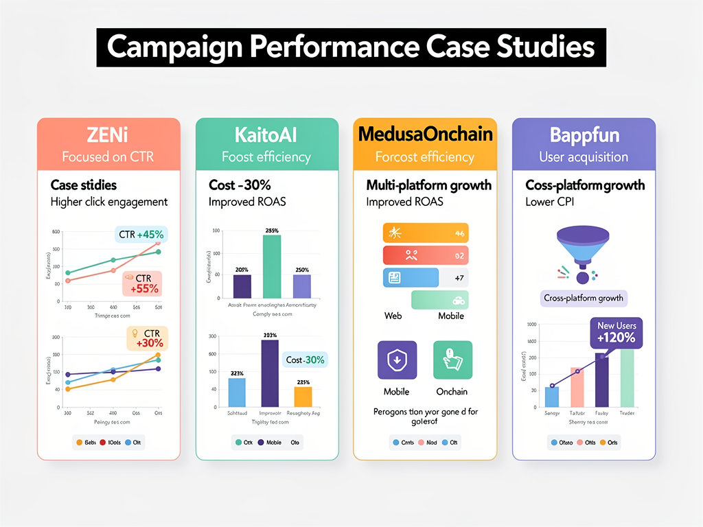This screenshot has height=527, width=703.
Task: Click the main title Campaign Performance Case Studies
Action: point(351,47)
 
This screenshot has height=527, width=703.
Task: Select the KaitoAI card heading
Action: point(266,134)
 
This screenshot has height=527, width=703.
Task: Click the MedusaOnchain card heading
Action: point(424,134)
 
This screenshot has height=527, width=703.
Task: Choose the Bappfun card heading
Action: point(584,134)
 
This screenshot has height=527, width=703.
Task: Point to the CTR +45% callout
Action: point(140,235)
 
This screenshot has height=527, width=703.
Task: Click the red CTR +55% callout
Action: point(142,283)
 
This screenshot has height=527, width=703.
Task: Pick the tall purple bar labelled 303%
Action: point(270,373)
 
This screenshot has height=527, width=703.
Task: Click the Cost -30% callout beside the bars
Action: point(306,360)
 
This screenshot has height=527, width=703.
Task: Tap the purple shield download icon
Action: point(397,360)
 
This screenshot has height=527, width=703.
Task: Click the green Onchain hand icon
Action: point(452,360)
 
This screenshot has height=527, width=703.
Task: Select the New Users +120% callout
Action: point(616,332)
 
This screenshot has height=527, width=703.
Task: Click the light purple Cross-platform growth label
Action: point(583,298)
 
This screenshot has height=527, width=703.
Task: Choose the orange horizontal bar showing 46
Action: point(425,233)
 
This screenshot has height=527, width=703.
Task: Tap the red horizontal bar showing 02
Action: point(425,255)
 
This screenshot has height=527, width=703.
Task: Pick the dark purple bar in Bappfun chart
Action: point(601,381)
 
